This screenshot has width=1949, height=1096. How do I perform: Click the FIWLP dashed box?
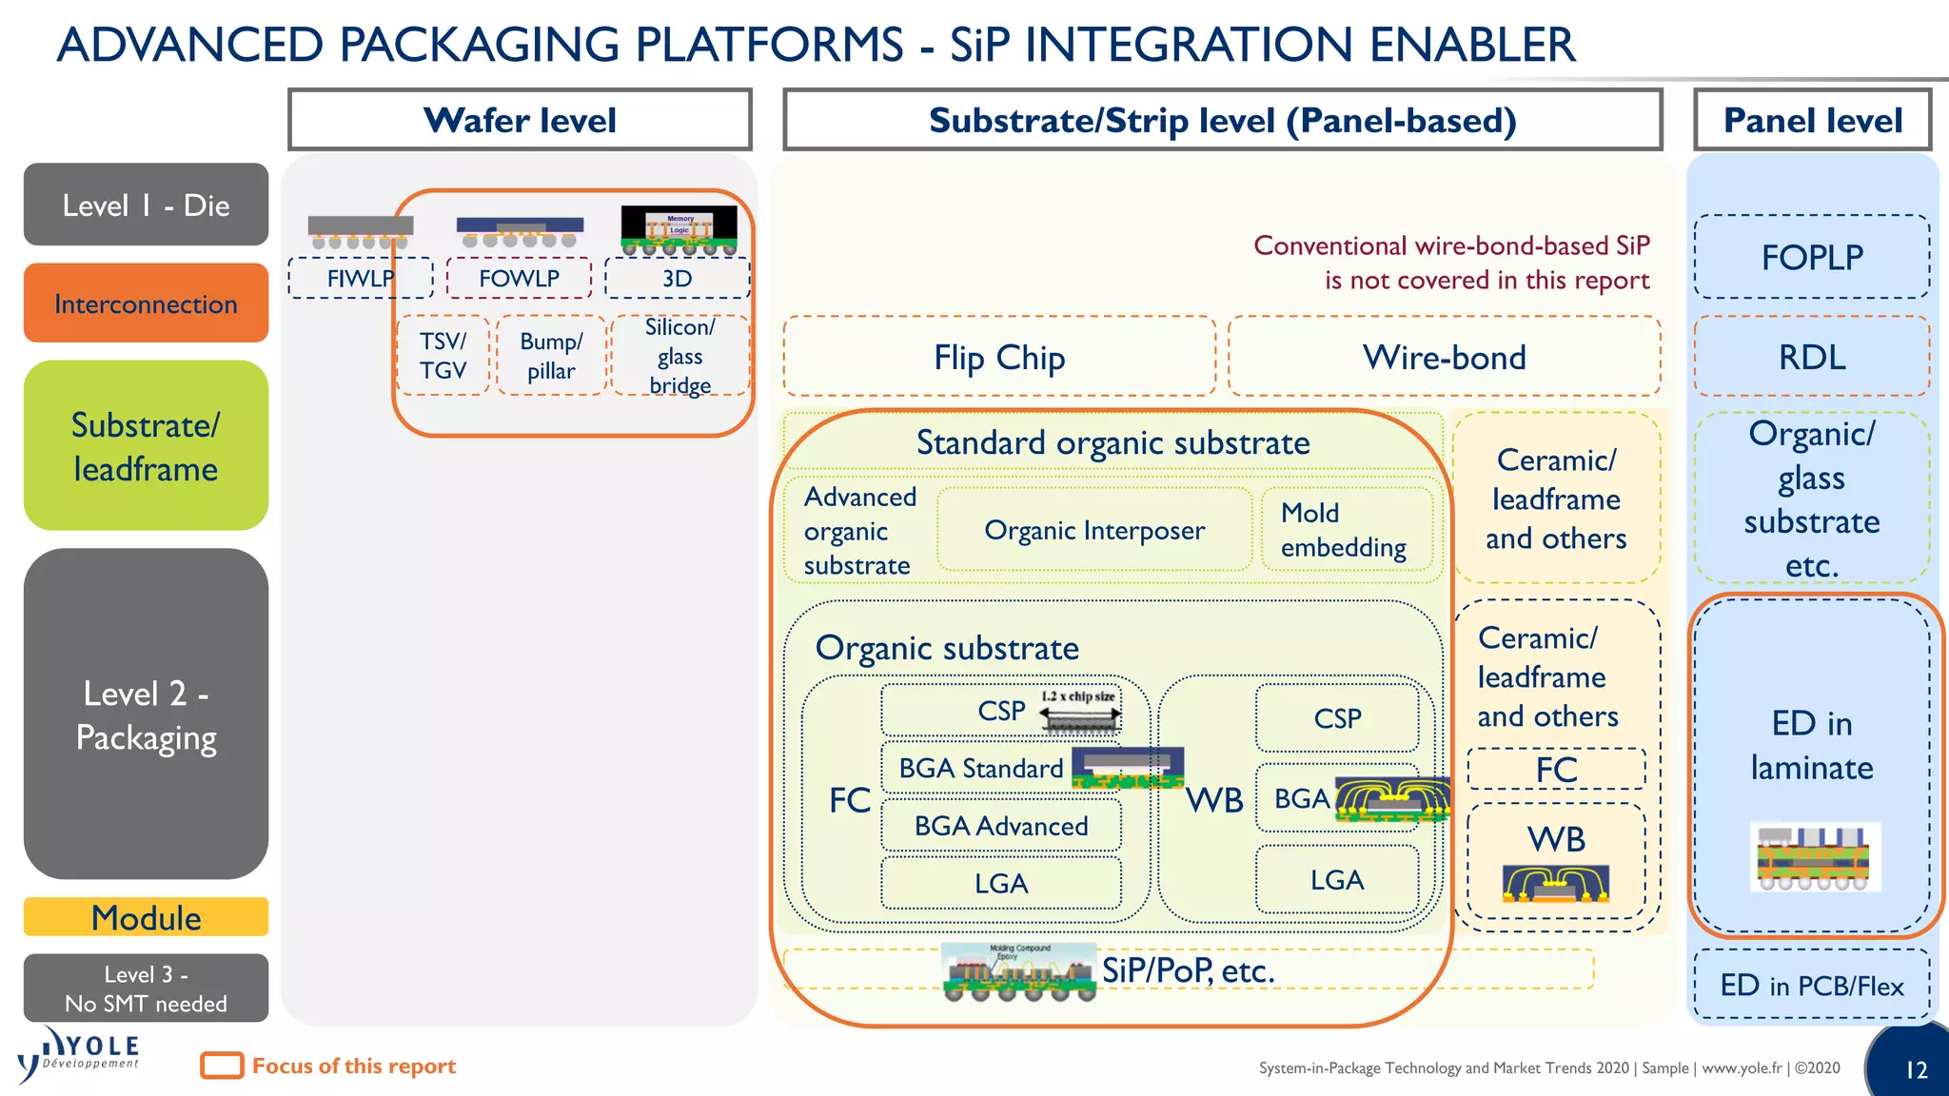click(360, 279)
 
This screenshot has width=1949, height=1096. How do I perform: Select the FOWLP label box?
click(519, 279)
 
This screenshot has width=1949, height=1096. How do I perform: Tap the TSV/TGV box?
click(443, 356)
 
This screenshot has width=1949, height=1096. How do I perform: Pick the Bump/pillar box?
click(551, 356)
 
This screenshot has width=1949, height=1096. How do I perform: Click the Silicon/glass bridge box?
click(679, 356)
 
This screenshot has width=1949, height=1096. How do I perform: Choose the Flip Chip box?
click(999, 357)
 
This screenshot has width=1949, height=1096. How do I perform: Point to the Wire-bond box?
click(1444, 357)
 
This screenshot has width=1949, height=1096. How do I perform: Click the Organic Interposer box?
click(1094, 530)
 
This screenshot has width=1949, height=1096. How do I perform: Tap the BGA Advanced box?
click(1000, 826)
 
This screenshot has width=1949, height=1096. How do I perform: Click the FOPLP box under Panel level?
click(1812, 257)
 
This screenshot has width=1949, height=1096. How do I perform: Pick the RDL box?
click(1812, 357)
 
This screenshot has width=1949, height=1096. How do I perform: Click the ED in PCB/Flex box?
click(1812, 986)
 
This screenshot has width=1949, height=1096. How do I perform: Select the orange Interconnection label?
click(146, 303)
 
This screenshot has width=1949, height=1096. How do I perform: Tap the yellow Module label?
click(146, 917)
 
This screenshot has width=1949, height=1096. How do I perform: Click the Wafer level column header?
click(520, 120)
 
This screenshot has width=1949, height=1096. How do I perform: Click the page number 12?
click(1916, 1069)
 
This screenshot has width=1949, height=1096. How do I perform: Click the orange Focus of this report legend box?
click(222, 1066)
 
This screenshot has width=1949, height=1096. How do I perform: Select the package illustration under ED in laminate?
click(1814, 856)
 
